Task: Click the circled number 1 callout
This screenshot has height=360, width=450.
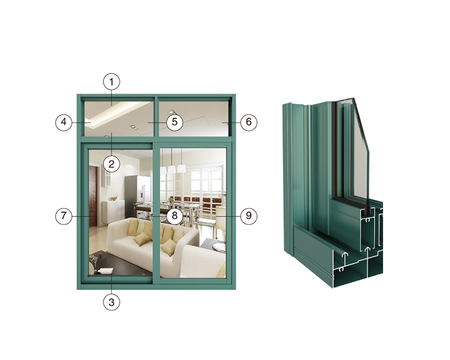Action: [x=111, y=82]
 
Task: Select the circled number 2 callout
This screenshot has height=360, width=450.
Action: [x=111, y=164]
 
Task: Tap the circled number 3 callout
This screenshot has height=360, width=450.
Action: [x=111, y=302]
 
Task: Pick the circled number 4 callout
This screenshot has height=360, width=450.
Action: [x=64, y=122]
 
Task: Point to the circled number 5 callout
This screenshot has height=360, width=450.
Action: [x=174, y=122]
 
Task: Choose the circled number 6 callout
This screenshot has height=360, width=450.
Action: [x=249, y=122]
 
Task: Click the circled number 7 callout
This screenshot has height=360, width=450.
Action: [x=64, y=216]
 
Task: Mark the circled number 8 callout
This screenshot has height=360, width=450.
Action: [x=174, y=216]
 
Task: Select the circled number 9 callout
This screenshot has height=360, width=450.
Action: [x=249, y=216]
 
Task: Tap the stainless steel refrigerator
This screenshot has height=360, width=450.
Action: [x=137, y=197]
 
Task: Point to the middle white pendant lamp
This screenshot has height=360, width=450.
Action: [x=172, y=169]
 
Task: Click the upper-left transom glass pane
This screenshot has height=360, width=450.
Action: [x=119, y=119]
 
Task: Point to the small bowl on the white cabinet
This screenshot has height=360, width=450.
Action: [x=114, y=199]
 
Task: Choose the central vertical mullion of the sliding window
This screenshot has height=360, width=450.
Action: [x=156, y=213]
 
